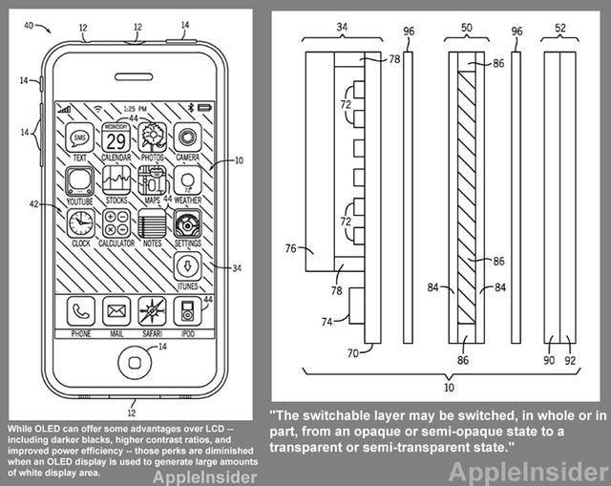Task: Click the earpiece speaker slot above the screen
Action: click(x=134, y=76)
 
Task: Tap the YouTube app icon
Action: click(x=79, y=181)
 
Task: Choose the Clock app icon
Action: click(x=79, y=223)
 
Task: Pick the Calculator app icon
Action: click(x=116, y=223)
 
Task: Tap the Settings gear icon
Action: click(x=187, y=223)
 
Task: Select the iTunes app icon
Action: click(x=187, y=265)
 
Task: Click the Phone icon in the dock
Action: click(x=79, y=310)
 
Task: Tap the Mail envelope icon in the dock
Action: click(x=116, y=310)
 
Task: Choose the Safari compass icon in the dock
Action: click(x=152, y=310)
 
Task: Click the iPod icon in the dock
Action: click(x=187, y=310)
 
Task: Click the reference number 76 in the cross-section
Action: click(x=290, y=249)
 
